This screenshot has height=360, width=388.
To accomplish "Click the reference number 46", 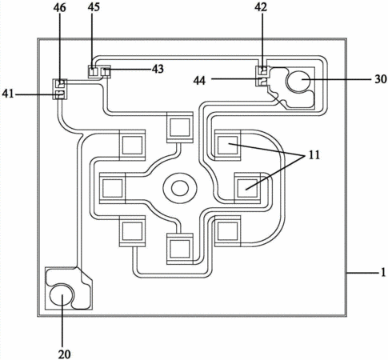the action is coord(59,7).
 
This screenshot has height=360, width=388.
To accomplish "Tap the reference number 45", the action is coord(94,7).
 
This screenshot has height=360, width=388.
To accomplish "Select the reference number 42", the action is coord(261,7).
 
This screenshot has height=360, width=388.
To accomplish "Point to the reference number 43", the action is coord(158,69).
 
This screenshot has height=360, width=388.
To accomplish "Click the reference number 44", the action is coord(200,80).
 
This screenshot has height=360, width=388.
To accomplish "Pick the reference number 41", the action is coord(8,94).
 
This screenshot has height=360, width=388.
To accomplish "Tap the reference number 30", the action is coord(381,79).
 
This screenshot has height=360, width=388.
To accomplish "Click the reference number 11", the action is coord(314,155).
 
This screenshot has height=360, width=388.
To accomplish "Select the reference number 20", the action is coord(65,354).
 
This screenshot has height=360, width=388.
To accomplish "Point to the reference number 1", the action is coord(383,273).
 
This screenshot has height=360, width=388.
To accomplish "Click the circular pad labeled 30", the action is coord(298,80).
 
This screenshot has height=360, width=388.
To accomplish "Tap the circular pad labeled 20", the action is coord(62,294).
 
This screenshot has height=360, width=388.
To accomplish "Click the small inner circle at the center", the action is coord(180,188).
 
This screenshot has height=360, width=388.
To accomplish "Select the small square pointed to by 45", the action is coord(93,72).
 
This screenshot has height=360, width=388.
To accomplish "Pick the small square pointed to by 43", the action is coord(106,72).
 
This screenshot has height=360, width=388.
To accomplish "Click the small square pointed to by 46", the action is coord(61,84).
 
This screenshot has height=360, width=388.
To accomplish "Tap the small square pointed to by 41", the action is coord(60,94).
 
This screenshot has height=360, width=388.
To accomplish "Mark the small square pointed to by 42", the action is coord(264,71).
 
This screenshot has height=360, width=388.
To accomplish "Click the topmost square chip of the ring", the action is coord(179,127).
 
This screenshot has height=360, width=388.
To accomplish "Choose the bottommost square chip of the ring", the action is coord(179,249).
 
